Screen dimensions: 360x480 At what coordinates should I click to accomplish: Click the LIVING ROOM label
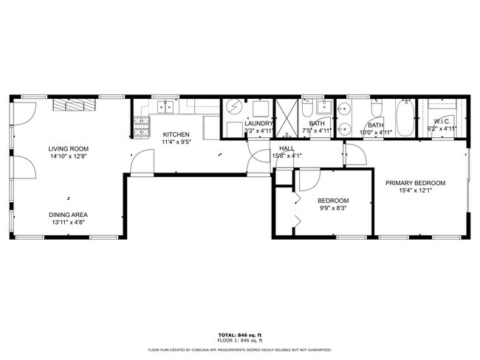point(69,148)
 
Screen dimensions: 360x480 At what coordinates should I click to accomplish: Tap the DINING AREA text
point(69,215)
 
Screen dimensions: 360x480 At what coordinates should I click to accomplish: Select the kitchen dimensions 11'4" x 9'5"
point(177,142)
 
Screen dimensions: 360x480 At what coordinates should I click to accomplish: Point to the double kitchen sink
point(164,107)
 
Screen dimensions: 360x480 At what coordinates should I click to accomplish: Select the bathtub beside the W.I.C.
point(403,117)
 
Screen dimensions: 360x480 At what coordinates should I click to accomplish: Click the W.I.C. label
point(442,121)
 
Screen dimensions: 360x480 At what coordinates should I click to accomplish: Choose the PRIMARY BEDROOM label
point(416,182)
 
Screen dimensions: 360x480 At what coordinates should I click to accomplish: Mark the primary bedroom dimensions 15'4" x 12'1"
point(416,190)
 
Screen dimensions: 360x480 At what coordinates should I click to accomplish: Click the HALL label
point(287,148)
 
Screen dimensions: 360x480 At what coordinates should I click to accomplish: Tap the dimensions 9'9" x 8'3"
point(333,209)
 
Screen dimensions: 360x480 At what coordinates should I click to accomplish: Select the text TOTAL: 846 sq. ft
point(239,335)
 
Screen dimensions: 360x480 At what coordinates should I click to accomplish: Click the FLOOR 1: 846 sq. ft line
point(239,341)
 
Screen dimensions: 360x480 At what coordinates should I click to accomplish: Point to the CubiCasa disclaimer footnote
point(239,350)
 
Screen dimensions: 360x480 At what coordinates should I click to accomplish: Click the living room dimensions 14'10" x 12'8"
point(69,156)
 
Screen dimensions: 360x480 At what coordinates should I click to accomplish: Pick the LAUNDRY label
point(258,123)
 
